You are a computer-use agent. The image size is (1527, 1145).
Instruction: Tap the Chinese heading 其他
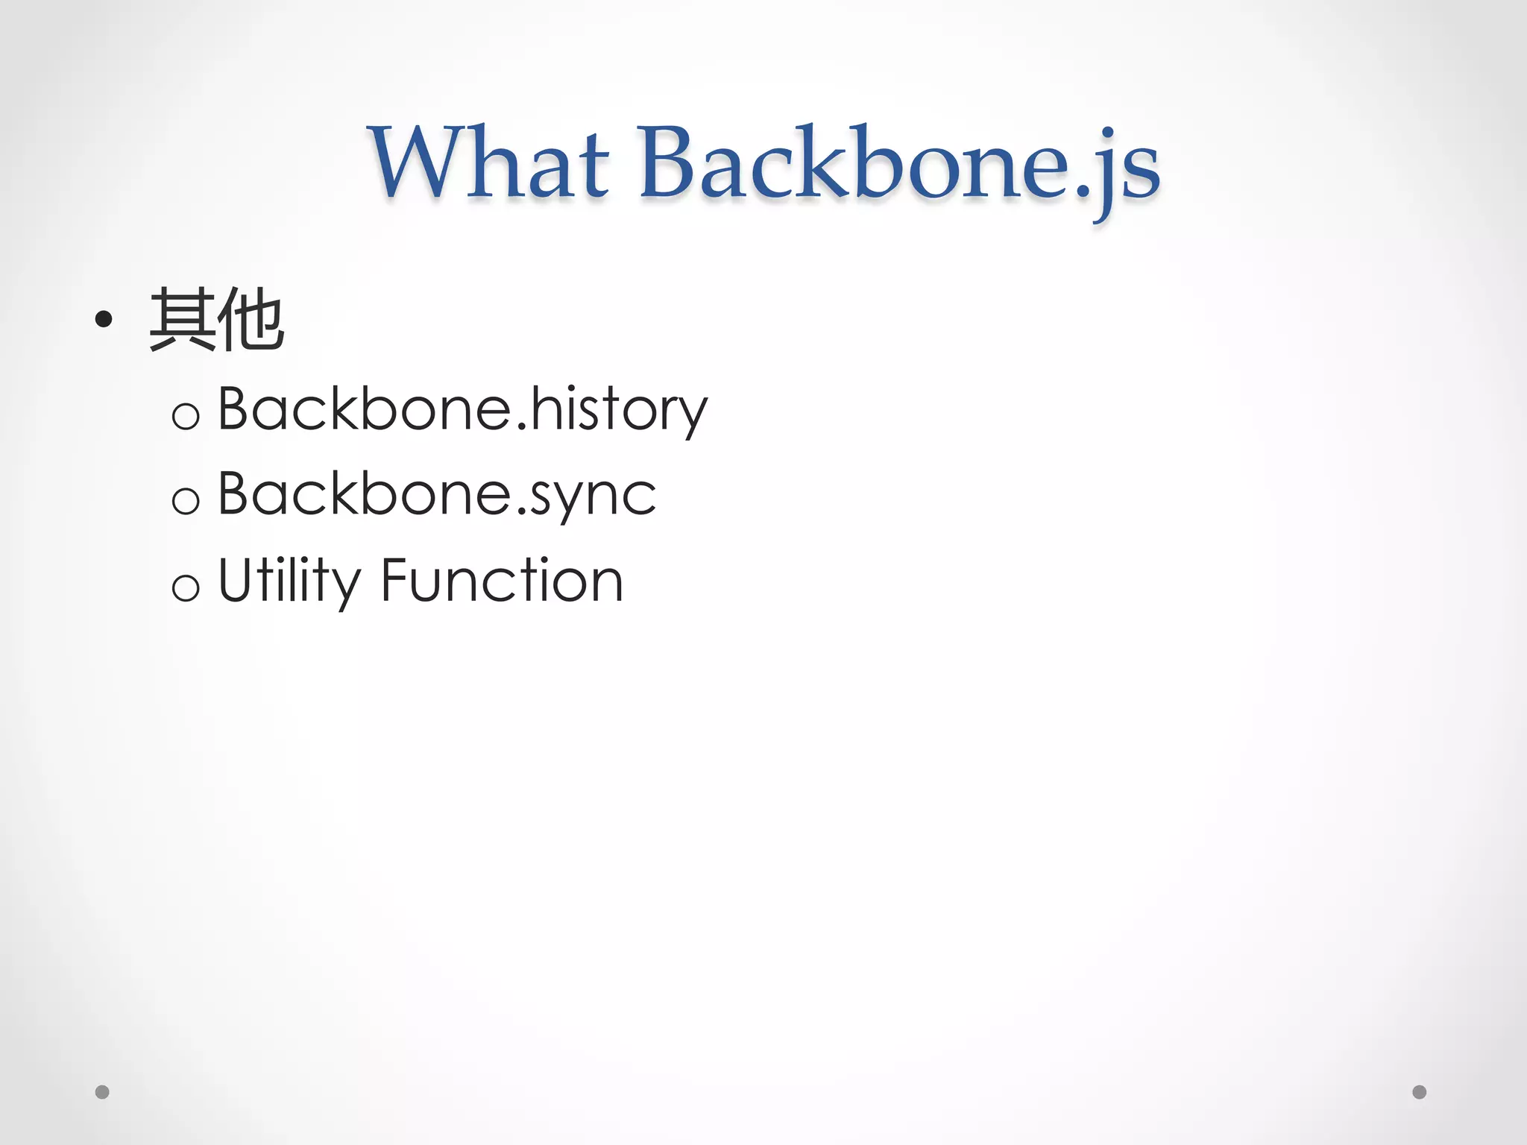pyautogui.click(x=216, y=321)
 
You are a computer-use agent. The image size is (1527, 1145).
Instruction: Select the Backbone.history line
pyautogui.click(x=462, y=409)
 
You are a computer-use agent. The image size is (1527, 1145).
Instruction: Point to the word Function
pyautogui.click(x=502, y=581)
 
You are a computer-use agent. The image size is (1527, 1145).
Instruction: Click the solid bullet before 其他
pyautogui.click(x=104, y=320)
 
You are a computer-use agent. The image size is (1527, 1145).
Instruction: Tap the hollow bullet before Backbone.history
pyautogui.click(x=186, y=415)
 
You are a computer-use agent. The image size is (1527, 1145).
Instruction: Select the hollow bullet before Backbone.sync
pyautogui.click(x=186, y=500)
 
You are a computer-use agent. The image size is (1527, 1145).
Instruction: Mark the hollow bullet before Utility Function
pyautogui.click(x=186, y=587)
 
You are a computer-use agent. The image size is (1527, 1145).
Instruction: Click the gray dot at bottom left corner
pyautogui.click(x=103, y=1092)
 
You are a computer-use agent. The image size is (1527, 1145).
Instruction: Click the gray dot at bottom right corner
pyautogui.click(x=1420, y=1092)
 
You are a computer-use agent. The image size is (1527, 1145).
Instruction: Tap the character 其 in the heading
pyautogui.click(x=183, y=321)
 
